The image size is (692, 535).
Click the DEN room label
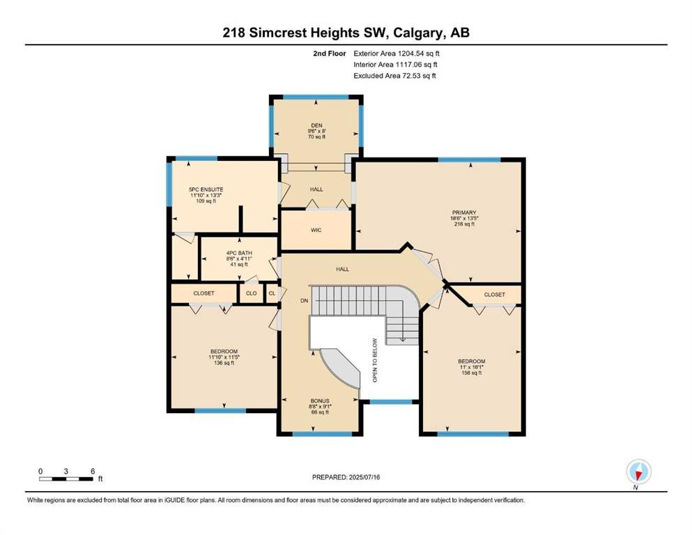coord(316,125)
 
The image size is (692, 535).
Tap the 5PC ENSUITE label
coord(206,189)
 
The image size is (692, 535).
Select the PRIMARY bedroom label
coord(464,212)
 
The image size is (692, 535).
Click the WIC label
coord(316,230)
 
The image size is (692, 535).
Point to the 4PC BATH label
coord(239,253)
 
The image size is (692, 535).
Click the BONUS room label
coord(320,401)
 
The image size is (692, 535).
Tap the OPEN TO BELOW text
coord(375,360)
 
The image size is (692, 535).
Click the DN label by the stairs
coord(304,301)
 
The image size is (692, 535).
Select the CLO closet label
coord(251,293)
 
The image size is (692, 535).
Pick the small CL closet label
coord(272,293)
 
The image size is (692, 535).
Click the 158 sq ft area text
coord(471,373)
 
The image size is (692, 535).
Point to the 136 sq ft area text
coord(224,363)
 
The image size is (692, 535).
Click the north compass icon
coord(638,472)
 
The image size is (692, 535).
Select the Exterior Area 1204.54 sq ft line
coord(397,54)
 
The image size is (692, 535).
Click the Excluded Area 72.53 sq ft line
coord(394,76)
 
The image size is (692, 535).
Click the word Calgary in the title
coord(419,33)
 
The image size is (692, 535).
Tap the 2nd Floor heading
coord(330,54)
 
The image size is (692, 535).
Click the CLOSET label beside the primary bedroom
coord(494,295)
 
